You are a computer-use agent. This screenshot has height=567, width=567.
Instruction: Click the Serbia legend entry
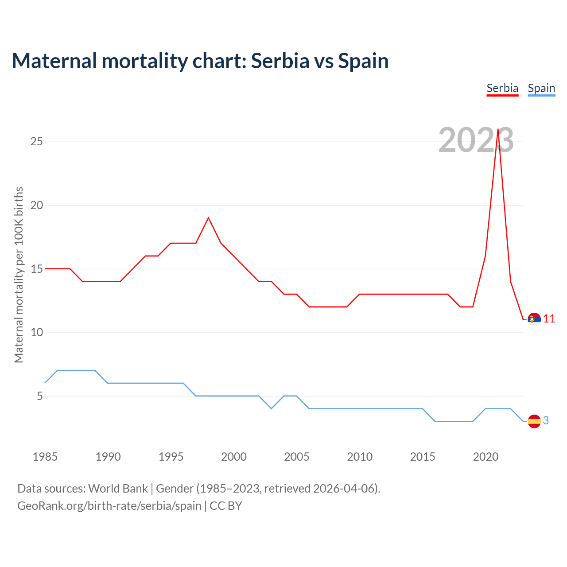pyautogui.click(x=502, y=89)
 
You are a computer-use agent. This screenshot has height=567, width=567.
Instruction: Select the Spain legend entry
pyautogui.click(x=541, y=89)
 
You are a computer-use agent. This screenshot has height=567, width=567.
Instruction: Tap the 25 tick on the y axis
pyautogui.click(x=36, y=142)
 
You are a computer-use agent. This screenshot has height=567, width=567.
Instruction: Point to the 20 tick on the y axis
pyautogui.click(x=36, y=206)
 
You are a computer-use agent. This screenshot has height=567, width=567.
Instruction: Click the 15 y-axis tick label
pyautogui.click(x=36, y=269)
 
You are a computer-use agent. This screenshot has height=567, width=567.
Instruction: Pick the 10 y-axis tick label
pyautogui.click(x=36, y=333)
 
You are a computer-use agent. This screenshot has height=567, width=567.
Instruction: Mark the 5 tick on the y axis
pyautogui.click(x=40, y=396)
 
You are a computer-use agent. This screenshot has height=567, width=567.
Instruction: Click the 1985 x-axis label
pyautogui.click(x=45, y=457)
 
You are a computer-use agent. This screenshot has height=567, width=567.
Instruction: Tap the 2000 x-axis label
pyautogui.click(x=234, y=457)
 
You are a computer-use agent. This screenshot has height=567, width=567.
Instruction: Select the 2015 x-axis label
pyautogui.click(x=423, y=457)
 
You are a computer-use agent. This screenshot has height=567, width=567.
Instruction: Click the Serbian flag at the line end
pyautogui.click(x=534, y=319)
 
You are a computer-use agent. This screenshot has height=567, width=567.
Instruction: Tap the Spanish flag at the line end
pyautogui.click(x=534, y=421)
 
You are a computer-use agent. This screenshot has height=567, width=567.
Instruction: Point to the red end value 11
pyautogui.click(x=549, y=319)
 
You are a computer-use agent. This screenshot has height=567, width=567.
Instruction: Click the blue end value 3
pyautogui.click(x=546, y=421)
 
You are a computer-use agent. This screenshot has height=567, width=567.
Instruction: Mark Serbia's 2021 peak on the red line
pyautogui.click(x=498, y=129)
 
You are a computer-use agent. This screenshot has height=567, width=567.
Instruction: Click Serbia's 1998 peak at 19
pyautogui.click(x=208, y=218)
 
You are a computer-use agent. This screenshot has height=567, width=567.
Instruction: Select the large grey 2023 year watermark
pyautogui.click(x=476, y=140)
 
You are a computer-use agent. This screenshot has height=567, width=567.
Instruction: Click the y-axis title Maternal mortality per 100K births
pyautogui.click(x=19, y=275)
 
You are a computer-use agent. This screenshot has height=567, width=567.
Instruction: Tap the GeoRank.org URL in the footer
pyautogui.click(x=109, y=506)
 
